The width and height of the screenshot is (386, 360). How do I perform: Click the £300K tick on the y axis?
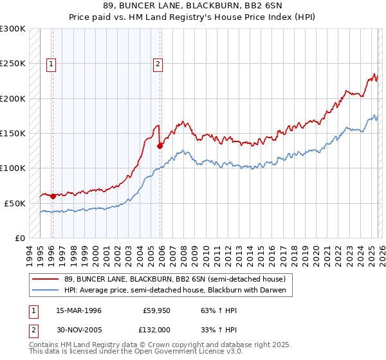(13, 29)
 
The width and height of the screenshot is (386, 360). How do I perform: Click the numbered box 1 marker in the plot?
(51, 64)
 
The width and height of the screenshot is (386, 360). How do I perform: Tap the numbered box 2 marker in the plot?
(158, 64)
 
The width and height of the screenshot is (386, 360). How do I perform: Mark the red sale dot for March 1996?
(53, 196)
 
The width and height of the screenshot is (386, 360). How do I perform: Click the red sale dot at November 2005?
(160, 146)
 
